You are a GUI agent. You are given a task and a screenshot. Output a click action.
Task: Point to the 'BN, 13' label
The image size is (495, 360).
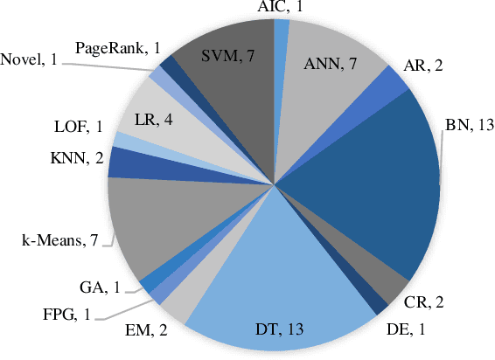coord(470,125)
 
